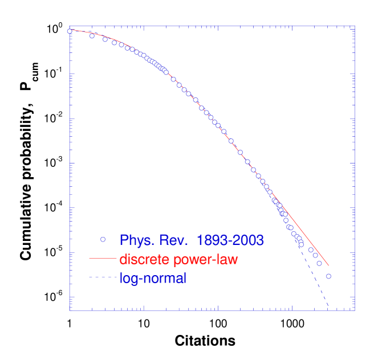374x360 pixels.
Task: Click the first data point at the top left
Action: click(x=70, y=31)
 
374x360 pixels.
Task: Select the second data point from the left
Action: click(x=92, y=36)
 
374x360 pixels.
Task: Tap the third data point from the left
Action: click(x=105, y=39)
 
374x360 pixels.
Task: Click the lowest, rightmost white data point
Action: click(x=328, y=276)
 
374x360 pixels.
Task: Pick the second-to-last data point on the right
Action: click(x=319, y=263)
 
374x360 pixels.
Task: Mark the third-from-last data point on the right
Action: click(x=315, y=255)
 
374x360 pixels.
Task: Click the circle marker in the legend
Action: click(x=103, y=239)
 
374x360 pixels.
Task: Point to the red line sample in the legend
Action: click(x=103, y=259)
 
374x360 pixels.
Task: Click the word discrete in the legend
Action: click(x=143, y=259)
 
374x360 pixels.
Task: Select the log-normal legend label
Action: click(x=153, y=279)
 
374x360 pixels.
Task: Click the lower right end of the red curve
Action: click(x=328, y=265)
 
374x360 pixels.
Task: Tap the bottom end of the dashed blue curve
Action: click(x=328, y=308)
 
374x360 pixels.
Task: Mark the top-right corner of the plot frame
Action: click(x=355, y=26)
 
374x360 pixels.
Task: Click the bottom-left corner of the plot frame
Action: click(x=70, y=310)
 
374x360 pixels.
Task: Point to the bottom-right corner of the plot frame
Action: click(x=355, y=310)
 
